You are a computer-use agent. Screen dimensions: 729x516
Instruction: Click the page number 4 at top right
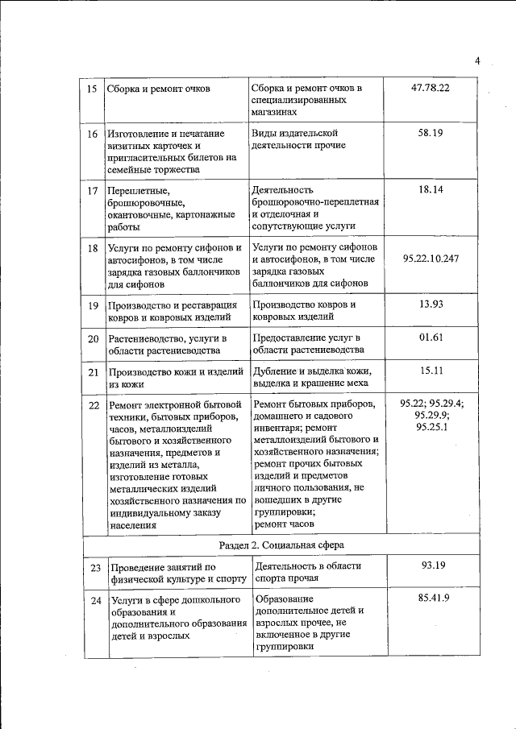coord(477,60)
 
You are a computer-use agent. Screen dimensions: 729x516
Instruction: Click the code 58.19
coord(431,133)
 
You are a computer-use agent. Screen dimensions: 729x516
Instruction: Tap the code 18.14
coord(431,189)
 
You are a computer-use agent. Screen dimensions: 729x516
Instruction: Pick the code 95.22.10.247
coord(431,259)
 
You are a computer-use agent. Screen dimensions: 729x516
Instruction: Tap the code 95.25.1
coord(432,427)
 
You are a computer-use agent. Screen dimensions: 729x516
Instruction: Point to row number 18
coord(93,249)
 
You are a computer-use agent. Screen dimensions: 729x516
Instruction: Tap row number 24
coord(95,601)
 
